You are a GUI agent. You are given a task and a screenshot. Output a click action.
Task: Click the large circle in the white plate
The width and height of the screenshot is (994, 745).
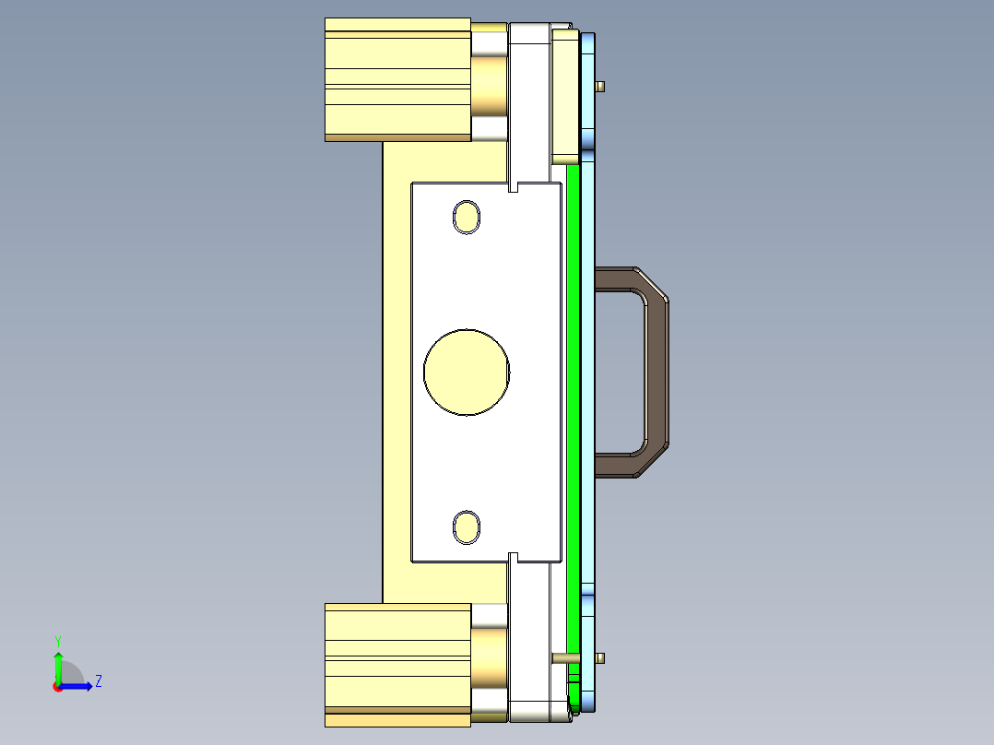[467, 372]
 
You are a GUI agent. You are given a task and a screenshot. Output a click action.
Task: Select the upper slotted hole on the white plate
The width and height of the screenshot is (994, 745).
[467, 218]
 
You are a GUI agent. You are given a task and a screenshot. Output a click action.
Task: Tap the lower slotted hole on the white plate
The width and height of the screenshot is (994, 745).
[467, 527]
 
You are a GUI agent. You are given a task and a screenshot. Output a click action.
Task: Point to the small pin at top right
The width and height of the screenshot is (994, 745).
[600, 87]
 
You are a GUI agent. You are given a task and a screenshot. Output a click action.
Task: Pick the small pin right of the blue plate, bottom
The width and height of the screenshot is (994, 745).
[600, 657]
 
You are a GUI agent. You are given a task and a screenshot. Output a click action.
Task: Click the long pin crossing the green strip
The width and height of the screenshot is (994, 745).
[563, 658]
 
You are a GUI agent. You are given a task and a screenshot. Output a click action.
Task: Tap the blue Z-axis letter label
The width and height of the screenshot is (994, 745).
[98, 682]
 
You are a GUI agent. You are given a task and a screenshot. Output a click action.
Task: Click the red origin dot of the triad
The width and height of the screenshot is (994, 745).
[58, 686]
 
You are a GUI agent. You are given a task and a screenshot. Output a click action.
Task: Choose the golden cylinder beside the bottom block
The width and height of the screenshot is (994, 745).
[490, 659]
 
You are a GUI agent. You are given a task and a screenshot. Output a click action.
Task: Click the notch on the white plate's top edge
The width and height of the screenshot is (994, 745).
[515, 187]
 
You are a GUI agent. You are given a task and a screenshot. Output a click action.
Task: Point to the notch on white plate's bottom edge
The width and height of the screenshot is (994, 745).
[515, 557]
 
